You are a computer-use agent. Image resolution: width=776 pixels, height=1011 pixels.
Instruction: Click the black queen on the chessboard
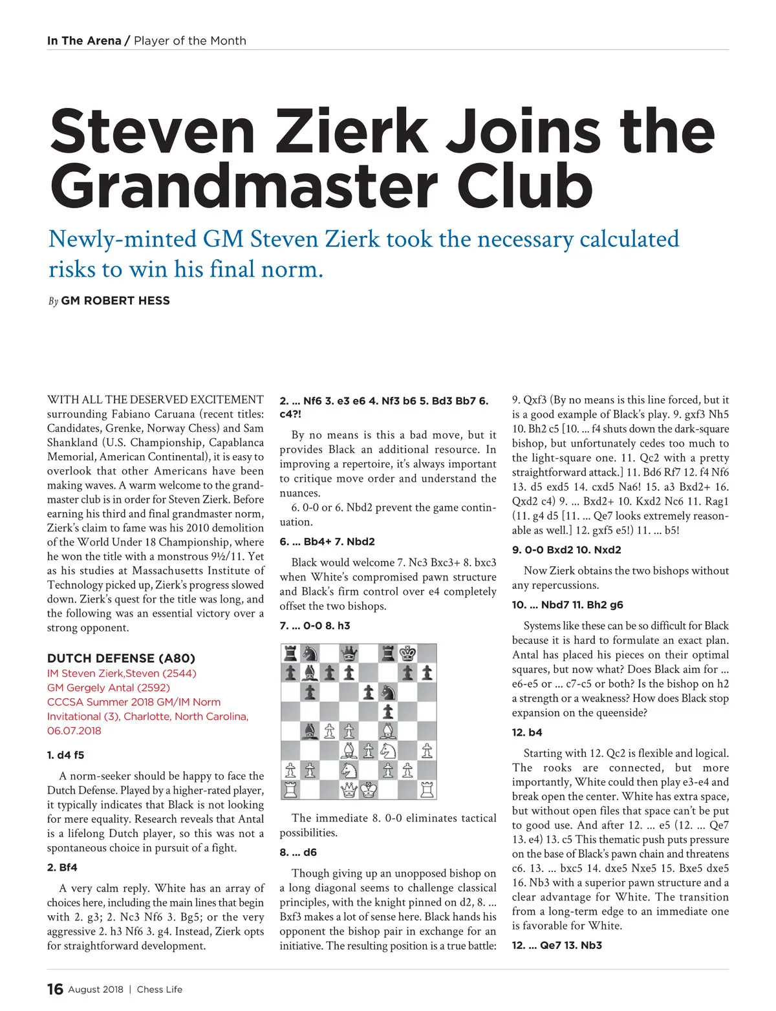(x=349, y=653)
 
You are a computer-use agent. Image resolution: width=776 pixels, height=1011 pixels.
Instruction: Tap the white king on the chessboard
(x=369, y=789)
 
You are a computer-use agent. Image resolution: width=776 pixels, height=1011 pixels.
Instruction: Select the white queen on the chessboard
(x=349, y=789)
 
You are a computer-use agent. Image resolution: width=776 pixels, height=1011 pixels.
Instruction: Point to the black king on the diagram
(x=407, y=653)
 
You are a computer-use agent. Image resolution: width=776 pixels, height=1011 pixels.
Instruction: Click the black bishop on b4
(x=310, y=731)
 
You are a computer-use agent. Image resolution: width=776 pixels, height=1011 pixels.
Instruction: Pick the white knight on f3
(x=388, y=750)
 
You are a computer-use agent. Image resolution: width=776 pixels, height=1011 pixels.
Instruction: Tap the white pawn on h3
(x=427, y=750)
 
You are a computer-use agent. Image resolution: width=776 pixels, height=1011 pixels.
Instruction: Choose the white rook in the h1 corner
(x=427, y=789)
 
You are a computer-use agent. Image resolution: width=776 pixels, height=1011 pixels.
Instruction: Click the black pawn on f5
(x=388, y=712)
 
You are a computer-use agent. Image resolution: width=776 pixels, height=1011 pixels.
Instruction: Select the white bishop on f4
(x=388, y=731)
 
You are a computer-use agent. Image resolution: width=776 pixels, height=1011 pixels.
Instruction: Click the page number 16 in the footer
(x=55, y=989)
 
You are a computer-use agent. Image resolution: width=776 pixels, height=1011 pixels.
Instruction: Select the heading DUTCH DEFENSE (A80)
(x=121, y=658)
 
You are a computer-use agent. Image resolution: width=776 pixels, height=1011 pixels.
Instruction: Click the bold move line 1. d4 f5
(x=65, y=755)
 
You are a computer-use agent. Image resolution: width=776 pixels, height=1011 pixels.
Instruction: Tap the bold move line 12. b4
(x=527, y=732)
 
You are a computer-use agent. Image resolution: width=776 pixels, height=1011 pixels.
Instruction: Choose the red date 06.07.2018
(x=74, y=730)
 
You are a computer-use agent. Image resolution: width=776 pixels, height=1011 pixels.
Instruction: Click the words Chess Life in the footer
(x=160, y=989)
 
